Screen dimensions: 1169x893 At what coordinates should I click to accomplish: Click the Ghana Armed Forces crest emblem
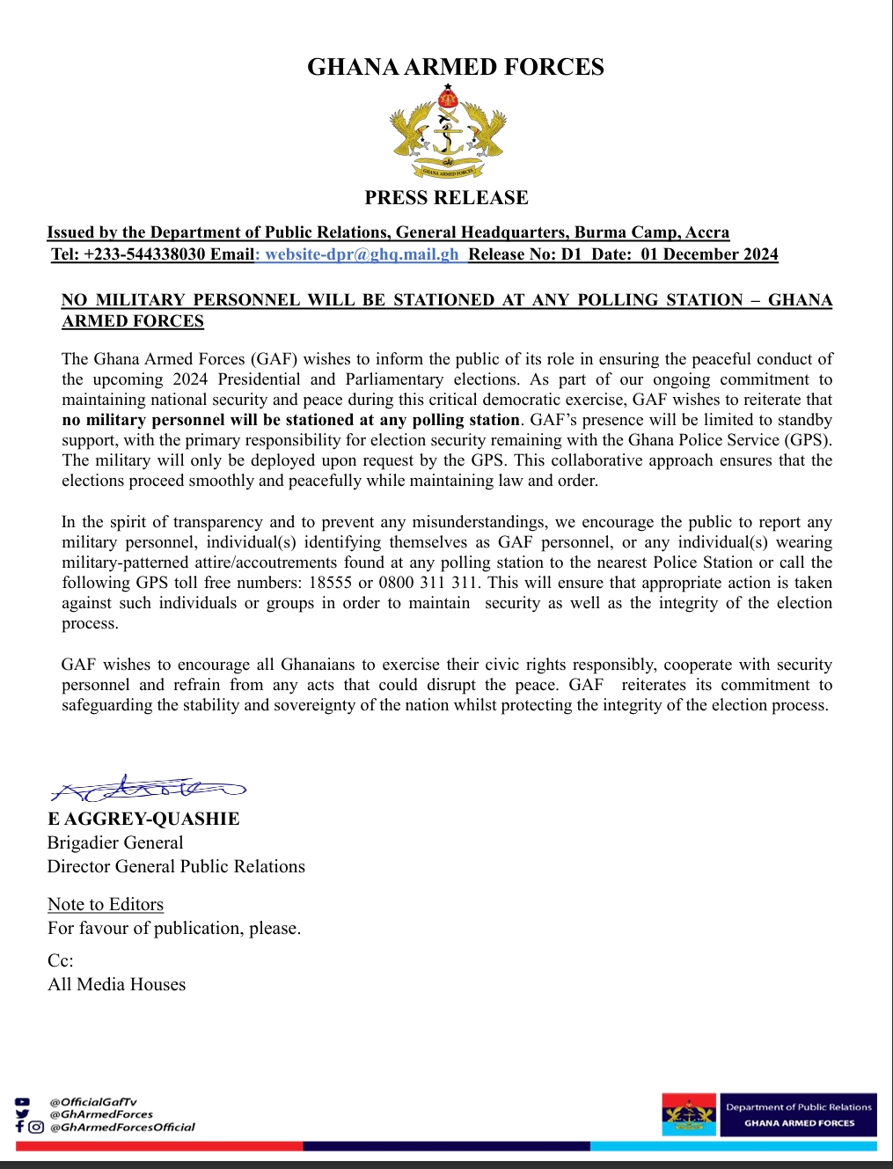tap(448, 131)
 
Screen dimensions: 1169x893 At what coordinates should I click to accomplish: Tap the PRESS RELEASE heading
tap(446, 198)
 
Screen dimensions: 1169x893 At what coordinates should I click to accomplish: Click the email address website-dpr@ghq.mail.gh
tap(362, 254)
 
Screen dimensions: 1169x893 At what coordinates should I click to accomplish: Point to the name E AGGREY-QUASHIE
tap(143, 819)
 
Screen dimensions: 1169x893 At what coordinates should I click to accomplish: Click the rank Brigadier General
tap(115, 842)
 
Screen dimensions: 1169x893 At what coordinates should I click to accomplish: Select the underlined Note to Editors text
tap(106, 904)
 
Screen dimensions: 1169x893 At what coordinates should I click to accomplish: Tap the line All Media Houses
tap(117, 984)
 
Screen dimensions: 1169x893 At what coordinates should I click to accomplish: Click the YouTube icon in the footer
tap(22, 1102)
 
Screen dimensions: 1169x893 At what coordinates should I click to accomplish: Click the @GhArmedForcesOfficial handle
tap(122, 1127)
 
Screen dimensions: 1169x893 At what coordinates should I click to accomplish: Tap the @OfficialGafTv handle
tap(93, 1102)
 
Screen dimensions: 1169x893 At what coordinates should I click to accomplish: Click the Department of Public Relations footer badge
tap(769, 1114)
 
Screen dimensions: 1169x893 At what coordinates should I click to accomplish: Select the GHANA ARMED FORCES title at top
tap(455, 68)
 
